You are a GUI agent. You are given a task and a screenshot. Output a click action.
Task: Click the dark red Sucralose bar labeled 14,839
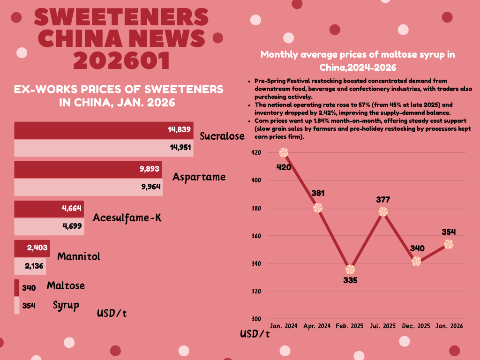[103, 130]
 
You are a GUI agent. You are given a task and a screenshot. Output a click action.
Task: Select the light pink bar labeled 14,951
[103, 148]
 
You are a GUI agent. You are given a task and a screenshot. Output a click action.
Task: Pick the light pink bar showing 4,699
[49, 227]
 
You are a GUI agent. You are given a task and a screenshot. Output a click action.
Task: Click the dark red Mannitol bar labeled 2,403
[32, 248]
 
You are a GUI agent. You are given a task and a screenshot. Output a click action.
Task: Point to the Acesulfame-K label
[127, 218]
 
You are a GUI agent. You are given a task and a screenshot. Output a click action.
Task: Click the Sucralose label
[222, 136]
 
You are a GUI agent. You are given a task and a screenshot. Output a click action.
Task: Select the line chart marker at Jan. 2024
[284, 152]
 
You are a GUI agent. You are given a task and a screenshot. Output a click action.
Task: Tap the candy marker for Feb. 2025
[350, 270]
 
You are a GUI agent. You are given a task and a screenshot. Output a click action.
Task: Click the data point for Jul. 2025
[383, 212]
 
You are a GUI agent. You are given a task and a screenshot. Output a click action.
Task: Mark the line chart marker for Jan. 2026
[449, 244]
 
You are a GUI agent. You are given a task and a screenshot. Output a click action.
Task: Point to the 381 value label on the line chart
[317, 193]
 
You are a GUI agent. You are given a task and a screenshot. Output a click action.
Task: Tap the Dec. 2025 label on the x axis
[416, 325]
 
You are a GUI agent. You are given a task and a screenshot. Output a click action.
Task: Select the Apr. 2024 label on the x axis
[317, 325]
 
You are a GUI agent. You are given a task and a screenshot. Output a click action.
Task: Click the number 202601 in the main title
[121, 60]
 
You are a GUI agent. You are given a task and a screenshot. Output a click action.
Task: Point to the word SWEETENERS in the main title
[121, 18]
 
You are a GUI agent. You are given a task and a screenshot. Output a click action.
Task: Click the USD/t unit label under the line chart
[255, 334]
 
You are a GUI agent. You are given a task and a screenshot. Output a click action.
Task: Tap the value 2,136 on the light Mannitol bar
[35, 266]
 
